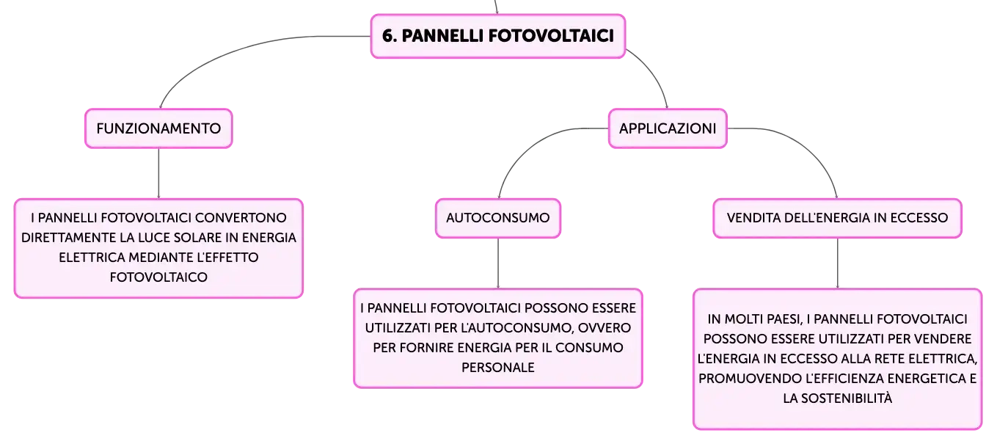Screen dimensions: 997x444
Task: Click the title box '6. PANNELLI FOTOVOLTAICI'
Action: (498, 36)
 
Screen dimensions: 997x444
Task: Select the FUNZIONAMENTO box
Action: (159, 128)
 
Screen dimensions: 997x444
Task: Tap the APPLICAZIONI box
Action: (668, 128)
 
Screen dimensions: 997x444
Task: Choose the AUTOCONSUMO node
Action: (498, 218)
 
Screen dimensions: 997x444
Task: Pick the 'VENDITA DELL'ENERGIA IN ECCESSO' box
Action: (837, 218)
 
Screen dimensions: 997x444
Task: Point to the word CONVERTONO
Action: (241, 218)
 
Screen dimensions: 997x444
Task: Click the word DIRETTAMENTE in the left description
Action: (68, 237)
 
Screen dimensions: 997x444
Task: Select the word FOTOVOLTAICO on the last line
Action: (158, 277)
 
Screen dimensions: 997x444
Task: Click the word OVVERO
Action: (604, 328)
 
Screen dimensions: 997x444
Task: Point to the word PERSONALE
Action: (498, 368)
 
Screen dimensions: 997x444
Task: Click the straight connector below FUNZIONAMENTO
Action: (159, 173)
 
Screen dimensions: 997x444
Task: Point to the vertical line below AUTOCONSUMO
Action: (498, 263)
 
